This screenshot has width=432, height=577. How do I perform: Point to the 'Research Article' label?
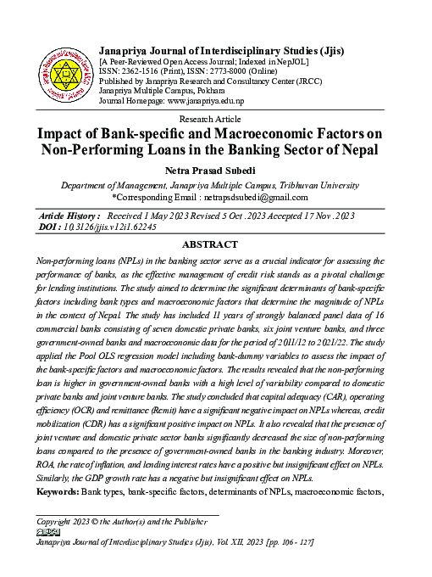pos(215,120)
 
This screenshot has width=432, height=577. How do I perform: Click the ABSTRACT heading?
pos(215,244)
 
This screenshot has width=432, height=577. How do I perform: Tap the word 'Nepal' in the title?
pos(356,150)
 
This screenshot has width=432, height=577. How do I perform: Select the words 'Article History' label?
pos(69,216)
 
